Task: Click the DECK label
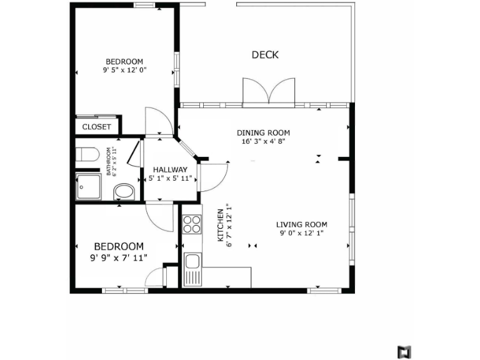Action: (x=265, y=55)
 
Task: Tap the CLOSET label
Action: (x=97, y=127)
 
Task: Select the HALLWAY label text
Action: (x=171, y=169)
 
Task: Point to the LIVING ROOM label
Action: (x=302, y=224)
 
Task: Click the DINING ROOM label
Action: (x=263, y=132)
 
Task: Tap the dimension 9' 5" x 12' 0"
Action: (x=125, y=71)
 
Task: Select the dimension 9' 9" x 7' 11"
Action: (x=119, y=257)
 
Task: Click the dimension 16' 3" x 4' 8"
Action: (x=263, y=141)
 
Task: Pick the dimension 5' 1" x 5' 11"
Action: (x=171, y=179)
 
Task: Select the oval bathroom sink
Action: (x=125, y=191)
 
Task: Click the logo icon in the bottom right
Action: (x=403, y=351)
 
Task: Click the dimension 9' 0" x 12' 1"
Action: (x=302, y=233)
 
